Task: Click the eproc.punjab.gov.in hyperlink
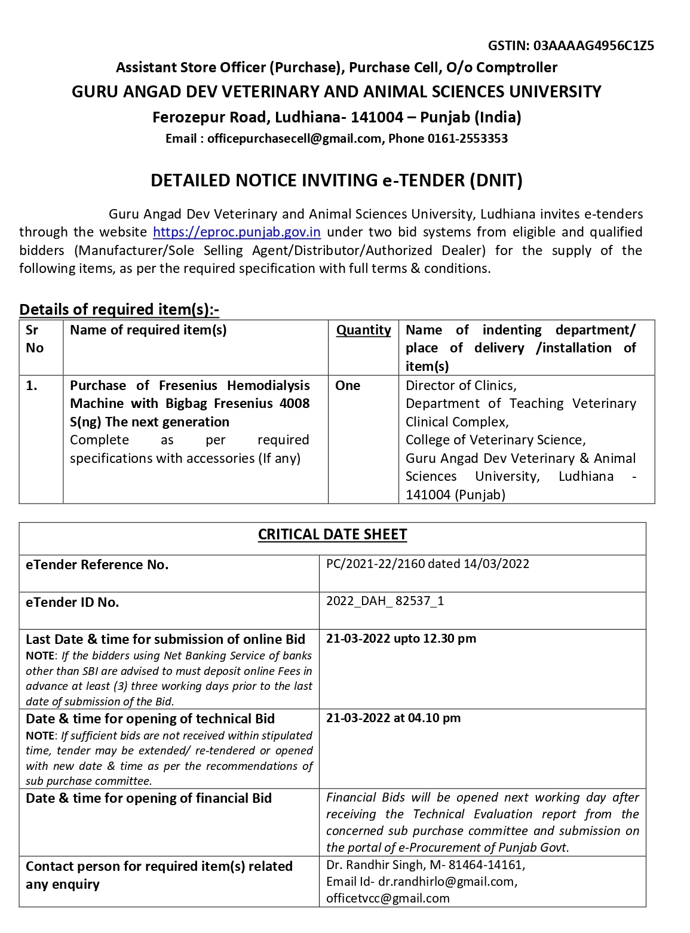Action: coord(237,232)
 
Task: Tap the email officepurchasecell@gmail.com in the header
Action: coord(294,139)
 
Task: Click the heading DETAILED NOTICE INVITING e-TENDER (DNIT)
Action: coord(336,180)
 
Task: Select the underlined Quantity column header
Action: coord(363,330)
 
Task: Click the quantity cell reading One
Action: coord(348,386)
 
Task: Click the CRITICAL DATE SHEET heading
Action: coord(332,535)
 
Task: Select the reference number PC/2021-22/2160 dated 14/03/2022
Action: coord(428,564)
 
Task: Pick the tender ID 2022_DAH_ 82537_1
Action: coord(385,601)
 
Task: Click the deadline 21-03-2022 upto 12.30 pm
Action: coord(401,639)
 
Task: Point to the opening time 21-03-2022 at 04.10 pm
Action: coord(393,718)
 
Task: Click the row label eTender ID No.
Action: coord(72,602)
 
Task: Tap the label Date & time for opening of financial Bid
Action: coord(149,799)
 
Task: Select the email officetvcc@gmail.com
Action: coord(388,898)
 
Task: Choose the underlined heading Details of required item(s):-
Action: coord(119,309)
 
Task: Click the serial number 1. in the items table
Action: coord(32,386)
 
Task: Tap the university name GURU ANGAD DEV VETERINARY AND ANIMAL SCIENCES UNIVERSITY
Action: coord(336,92)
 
